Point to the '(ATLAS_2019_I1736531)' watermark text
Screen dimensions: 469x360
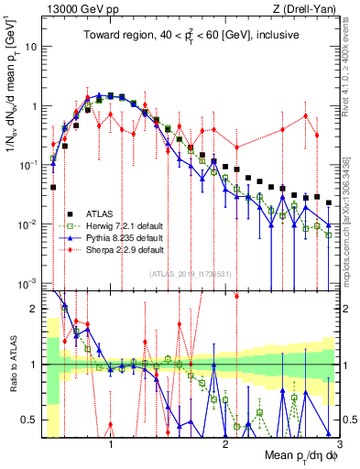point(191,273)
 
